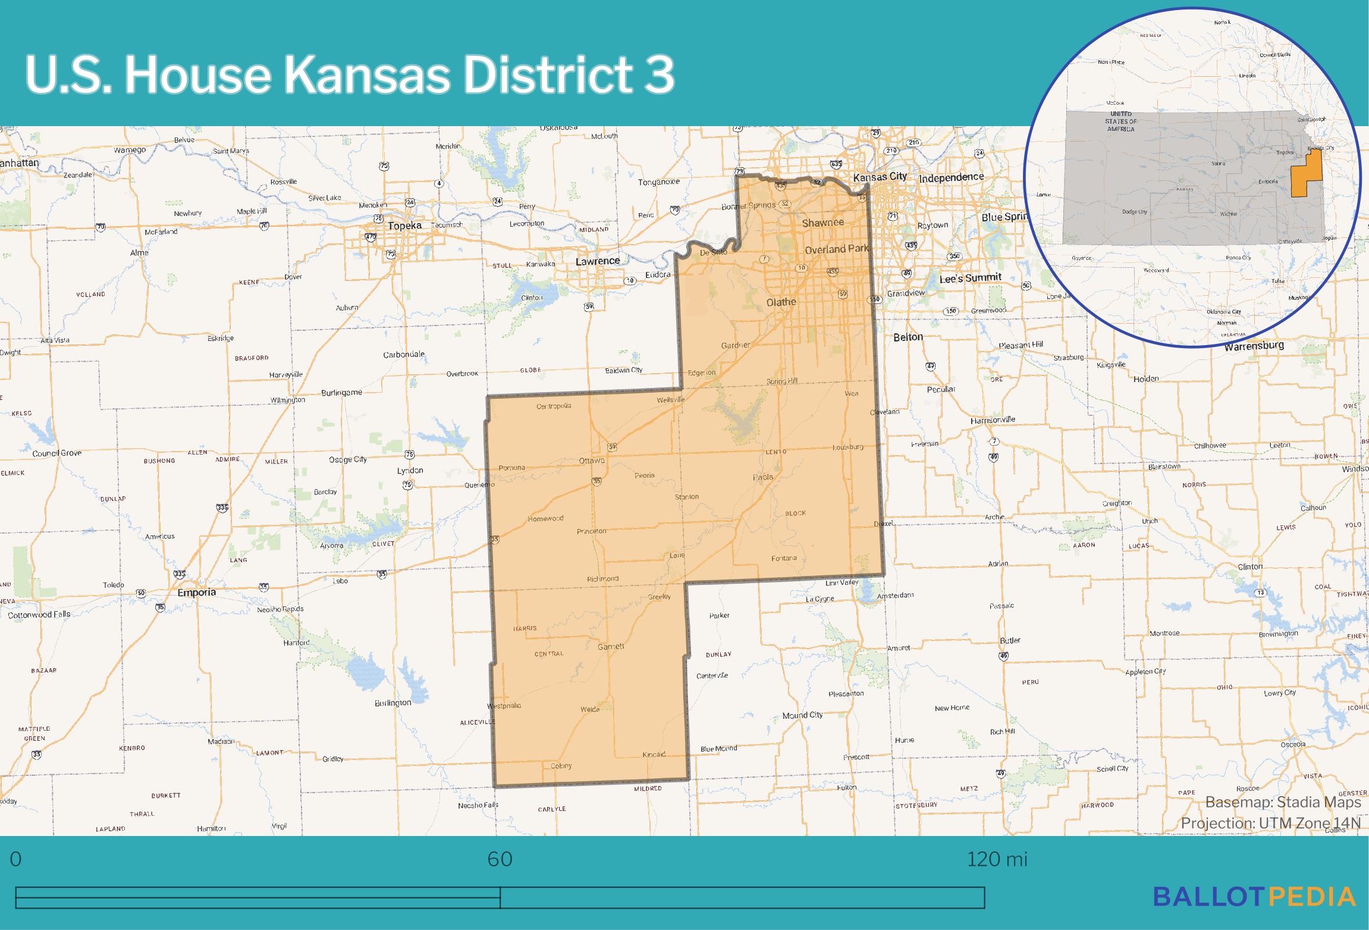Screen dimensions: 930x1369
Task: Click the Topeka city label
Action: (404, 226)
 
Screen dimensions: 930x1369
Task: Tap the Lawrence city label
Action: (597, 261)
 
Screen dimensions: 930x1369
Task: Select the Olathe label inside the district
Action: (781, 302)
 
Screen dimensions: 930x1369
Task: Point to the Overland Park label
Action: (837, 249)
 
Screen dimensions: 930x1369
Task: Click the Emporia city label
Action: (197, 593)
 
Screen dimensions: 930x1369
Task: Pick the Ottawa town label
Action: (592, 461)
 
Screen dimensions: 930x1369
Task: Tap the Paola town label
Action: (763, 477)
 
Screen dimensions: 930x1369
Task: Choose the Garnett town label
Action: (611, 646)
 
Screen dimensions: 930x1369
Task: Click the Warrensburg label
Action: (1254, 345)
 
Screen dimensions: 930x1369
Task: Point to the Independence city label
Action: (952, 177)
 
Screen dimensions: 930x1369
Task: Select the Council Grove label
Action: (57, 453)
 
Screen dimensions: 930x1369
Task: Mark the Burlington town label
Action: (393, 703)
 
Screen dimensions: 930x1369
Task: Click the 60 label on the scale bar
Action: (500, 859)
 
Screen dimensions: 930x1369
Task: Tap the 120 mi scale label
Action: (997, 859)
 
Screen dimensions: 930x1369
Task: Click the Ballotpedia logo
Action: (1254, 897)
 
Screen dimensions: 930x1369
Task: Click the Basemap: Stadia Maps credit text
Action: (1283, 802)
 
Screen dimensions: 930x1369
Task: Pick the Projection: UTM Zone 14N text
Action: (1270, 823)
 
